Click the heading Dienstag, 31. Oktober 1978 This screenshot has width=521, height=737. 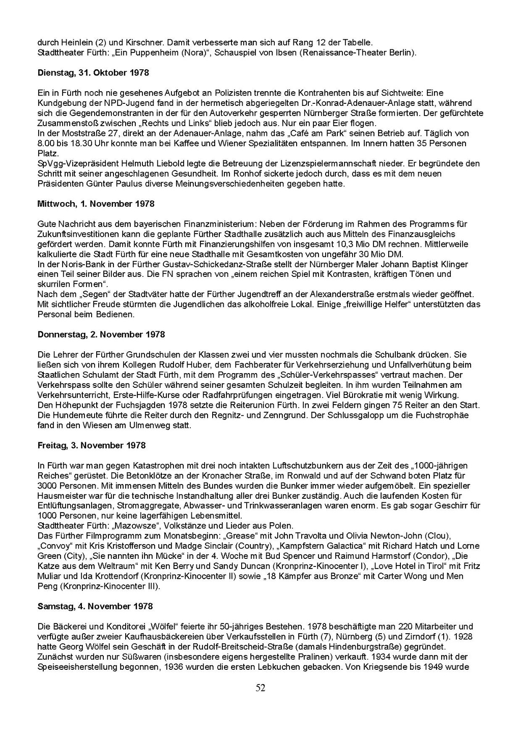click(93, 73)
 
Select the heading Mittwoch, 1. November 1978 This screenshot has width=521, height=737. click(96, 204)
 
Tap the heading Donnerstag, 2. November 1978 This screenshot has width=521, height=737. click(101, 334)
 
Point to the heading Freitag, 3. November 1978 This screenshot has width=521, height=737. click(92, 445)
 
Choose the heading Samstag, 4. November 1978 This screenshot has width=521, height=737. click(95, 606)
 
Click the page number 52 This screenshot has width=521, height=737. click(260, 688)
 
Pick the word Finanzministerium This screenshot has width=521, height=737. click(220, 224)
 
